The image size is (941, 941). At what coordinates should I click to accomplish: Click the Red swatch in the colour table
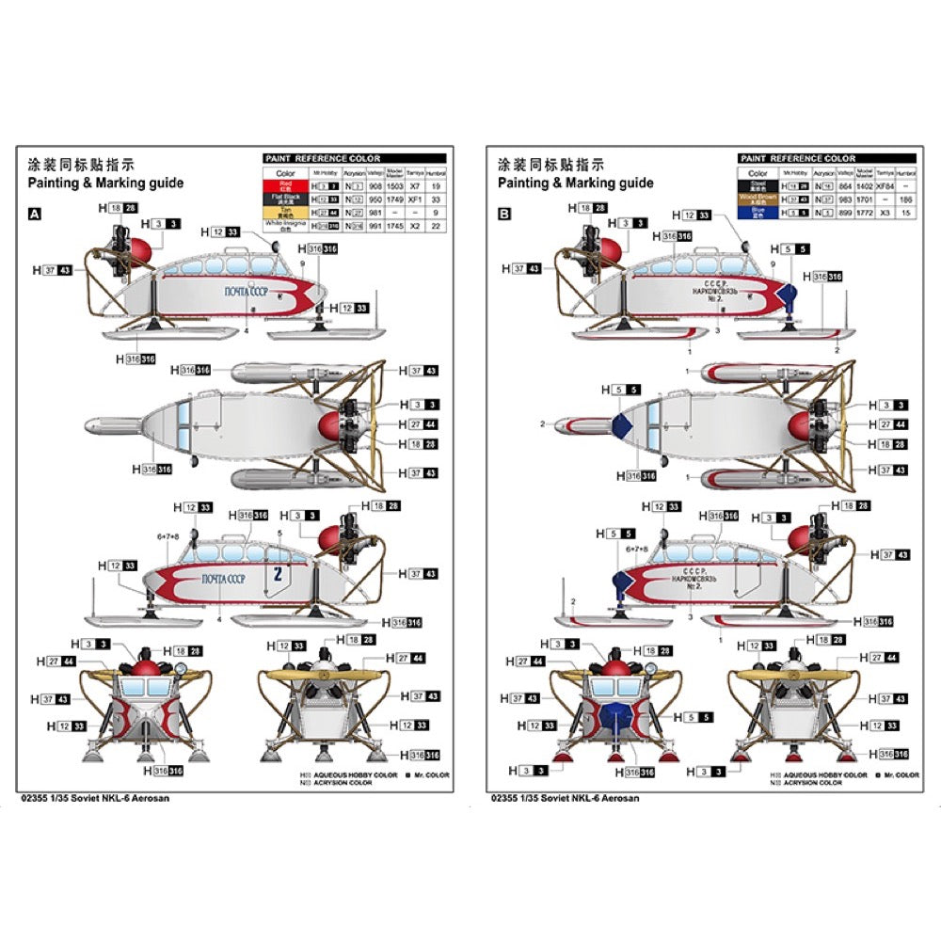point(285,186)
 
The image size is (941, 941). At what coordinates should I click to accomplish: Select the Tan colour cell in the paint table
point(285,213)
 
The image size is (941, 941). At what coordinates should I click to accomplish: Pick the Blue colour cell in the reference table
point(758,213)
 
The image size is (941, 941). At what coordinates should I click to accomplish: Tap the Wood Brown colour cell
point(758,199)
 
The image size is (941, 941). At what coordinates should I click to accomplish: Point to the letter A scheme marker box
point(36,215)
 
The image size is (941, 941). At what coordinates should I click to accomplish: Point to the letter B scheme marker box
point(505,215)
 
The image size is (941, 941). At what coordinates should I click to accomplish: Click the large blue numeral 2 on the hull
point(277,574)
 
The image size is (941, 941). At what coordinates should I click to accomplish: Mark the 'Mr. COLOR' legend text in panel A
point(430,774)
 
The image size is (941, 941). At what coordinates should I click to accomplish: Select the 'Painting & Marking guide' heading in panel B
point(575,183)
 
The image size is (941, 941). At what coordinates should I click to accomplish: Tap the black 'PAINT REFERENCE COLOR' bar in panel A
point(355,159)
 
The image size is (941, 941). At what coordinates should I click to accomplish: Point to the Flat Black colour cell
point(285,199)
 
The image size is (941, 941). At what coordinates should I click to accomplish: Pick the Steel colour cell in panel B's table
point(758,186)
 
